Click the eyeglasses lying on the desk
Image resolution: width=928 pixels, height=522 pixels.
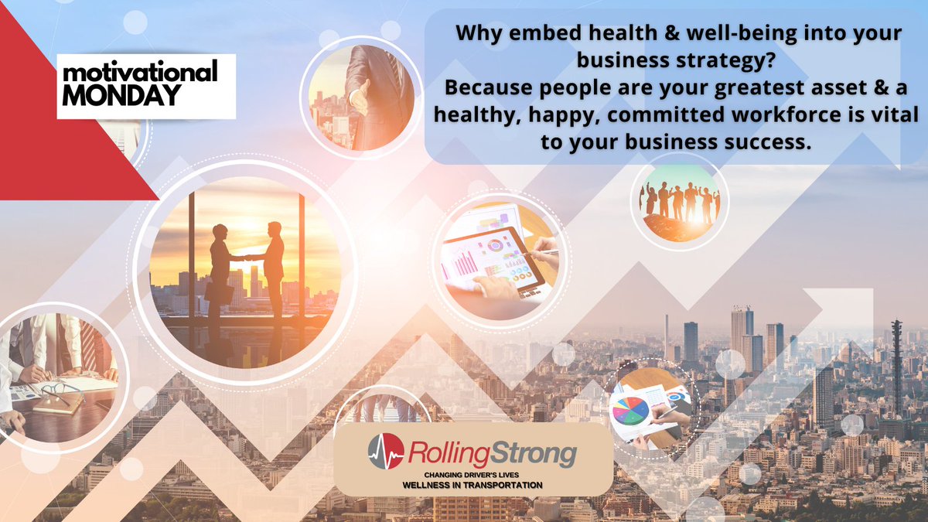point(58,391)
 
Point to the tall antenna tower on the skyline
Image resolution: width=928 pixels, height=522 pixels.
point(896,363)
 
